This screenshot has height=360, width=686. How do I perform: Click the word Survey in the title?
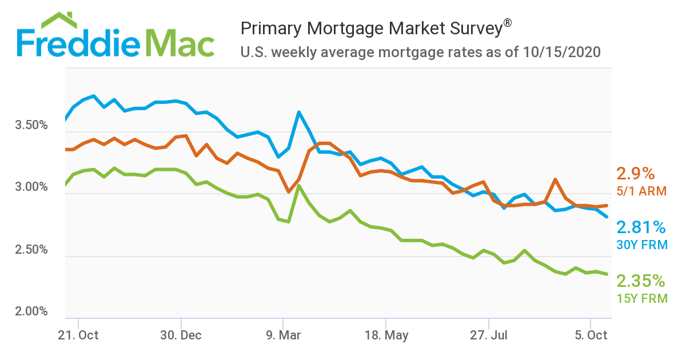pyautogui.click(x=468, y=28)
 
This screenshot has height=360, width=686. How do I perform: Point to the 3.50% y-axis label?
pyautogui.click(x=31, y=125)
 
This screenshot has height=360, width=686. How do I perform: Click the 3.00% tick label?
pyautogui.click(x=31, y=187)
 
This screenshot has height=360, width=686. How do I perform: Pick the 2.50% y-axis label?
pyautogui.click(x=31, y=250)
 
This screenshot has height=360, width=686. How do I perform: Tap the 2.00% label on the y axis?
pyautogui.click(x=31, y=311)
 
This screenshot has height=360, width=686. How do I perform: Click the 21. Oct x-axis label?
pyautogui.click(x=78, y=335)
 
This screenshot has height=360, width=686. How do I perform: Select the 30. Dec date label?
pyautogui.click(x=181, y=335)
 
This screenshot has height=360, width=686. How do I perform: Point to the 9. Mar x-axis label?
pyautogui.click(x=283, y=335)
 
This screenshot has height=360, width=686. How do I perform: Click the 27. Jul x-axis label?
pyautogui.click(x=489, y=335)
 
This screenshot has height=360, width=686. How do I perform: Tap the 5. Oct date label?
pyautogui.click(x=591, y=335)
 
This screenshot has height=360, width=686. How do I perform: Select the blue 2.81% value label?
pyautogui.click(x=641, y=228)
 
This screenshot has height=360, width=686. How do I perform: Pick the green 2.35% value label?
pyautogui.click(x=641, y=281)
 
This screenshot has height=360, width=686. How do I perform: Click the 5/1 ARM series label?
pyautogui.click(x=641, y=191)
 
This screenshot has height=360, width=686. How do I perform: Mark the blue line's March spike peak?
pyautogui.click(x=298, y=112)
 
